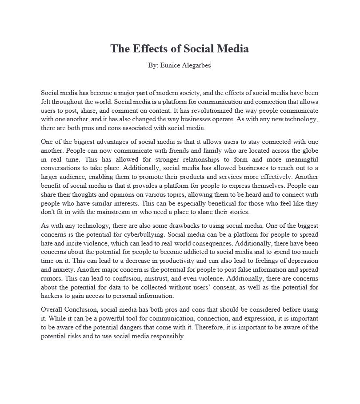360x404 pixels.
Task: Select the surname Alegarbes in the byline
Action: [x=196, y=65]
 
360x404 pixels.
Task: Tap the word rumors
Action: [x=52, y=279]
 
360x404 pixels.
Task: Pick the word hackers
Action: [x=53, y=296]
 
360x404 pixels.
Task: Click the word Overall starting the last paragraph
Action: [x=52, y=310]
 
